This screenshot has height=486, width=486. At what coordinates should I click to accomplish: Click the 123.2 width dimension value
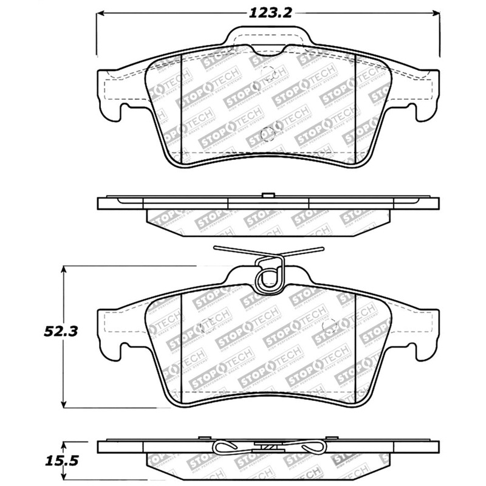tap(268, 12)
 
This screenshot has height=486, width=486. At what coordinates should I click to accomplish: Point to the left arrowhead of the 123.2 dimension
tap(100, 13)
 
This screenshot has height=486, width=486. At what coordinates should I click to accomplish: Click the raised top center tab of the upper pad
tap(268, 36)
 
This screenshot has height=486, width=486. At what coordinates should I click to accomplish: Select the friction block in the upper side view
tap(268, 218)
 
